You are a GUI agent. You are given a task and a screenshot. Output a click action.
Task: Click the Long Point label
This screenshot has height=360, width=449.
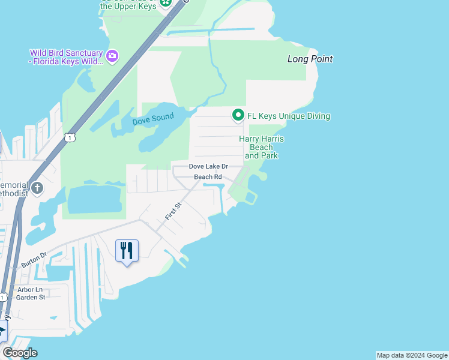click(310, 59)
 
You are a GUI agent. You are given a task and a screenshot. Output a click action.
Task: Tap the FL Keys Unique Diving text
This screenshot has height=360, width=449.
click(289, 116)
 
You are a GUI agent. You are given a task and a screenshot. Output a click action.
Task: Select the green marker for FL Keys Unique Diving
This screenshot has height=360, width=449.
click(238, 115)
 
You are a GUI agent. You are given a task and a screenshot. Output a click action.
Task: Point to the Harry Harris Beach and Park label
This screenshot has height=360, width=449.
click(261, 147)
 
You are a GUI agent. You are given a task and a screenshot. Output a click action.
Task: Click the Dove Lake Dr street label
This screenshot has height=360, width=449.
click(208, 166)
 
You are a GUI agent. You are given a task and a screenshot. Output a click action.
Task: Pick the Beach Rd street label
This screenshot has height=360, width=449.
click(208, 177)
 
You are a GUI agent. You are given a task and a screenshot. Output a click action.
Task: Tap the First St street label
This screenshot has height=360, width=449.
click(173, 211)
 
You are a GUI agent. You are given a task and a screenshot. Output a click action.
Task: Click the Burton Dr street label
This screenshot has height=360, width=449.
click(34, 260)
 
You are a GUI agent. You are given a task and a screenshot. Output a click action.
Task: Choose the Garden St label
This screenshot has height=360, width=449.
click(31, 297)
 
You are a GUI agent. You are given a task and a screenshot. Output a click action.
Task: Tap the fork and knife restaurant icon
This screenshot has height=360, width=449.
click(127, 250)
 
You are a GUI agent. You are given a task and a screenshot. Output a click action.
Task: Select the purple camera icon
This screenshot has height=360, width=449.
click(112, 56)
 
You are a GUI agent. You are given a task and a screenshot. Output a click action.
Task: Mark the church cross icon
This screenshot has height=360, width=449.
click(37, 188)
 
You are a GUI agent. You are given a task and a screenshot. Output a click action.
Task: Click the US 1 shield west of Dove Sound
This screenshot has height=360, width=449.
click(70, 137)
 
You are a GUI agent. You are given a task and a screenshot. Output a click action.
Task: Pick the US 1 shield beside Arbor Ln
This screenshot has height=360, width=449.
click(3, 297)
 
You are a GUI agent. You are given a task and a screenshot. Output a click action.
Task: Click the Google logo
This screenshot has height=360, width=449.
click(20, 353)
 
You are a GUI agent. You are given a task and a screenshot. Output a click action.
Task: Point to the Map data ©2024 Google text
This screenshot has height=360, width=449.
click(412, 355)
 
